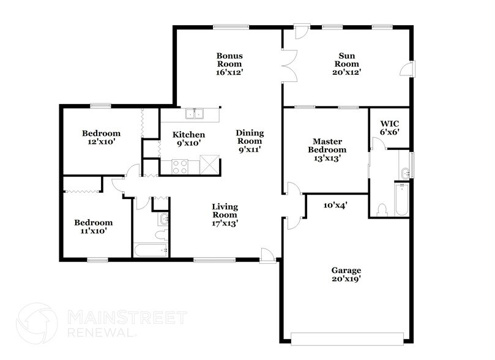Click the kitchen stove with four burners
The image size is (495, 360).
coord(180,167)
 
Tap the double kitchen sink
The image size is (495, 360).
coord(196,113)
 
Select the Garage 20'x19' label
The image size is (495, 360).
coord(346,274)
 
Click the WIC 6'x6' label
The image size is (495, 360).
coord(390,127)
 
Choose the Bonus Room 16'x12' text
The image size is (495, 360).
coord(228,64)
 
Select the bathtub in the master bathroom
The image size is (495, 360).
coord(401,200)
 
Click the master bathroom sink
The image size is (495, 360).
coord(403,163)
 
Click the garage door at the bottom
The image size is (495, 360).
coord(346,337)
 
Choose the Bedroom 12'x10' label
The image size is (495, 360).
coord(101,137)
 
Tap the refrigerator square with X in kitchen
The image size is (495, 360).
coord(208,165)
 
